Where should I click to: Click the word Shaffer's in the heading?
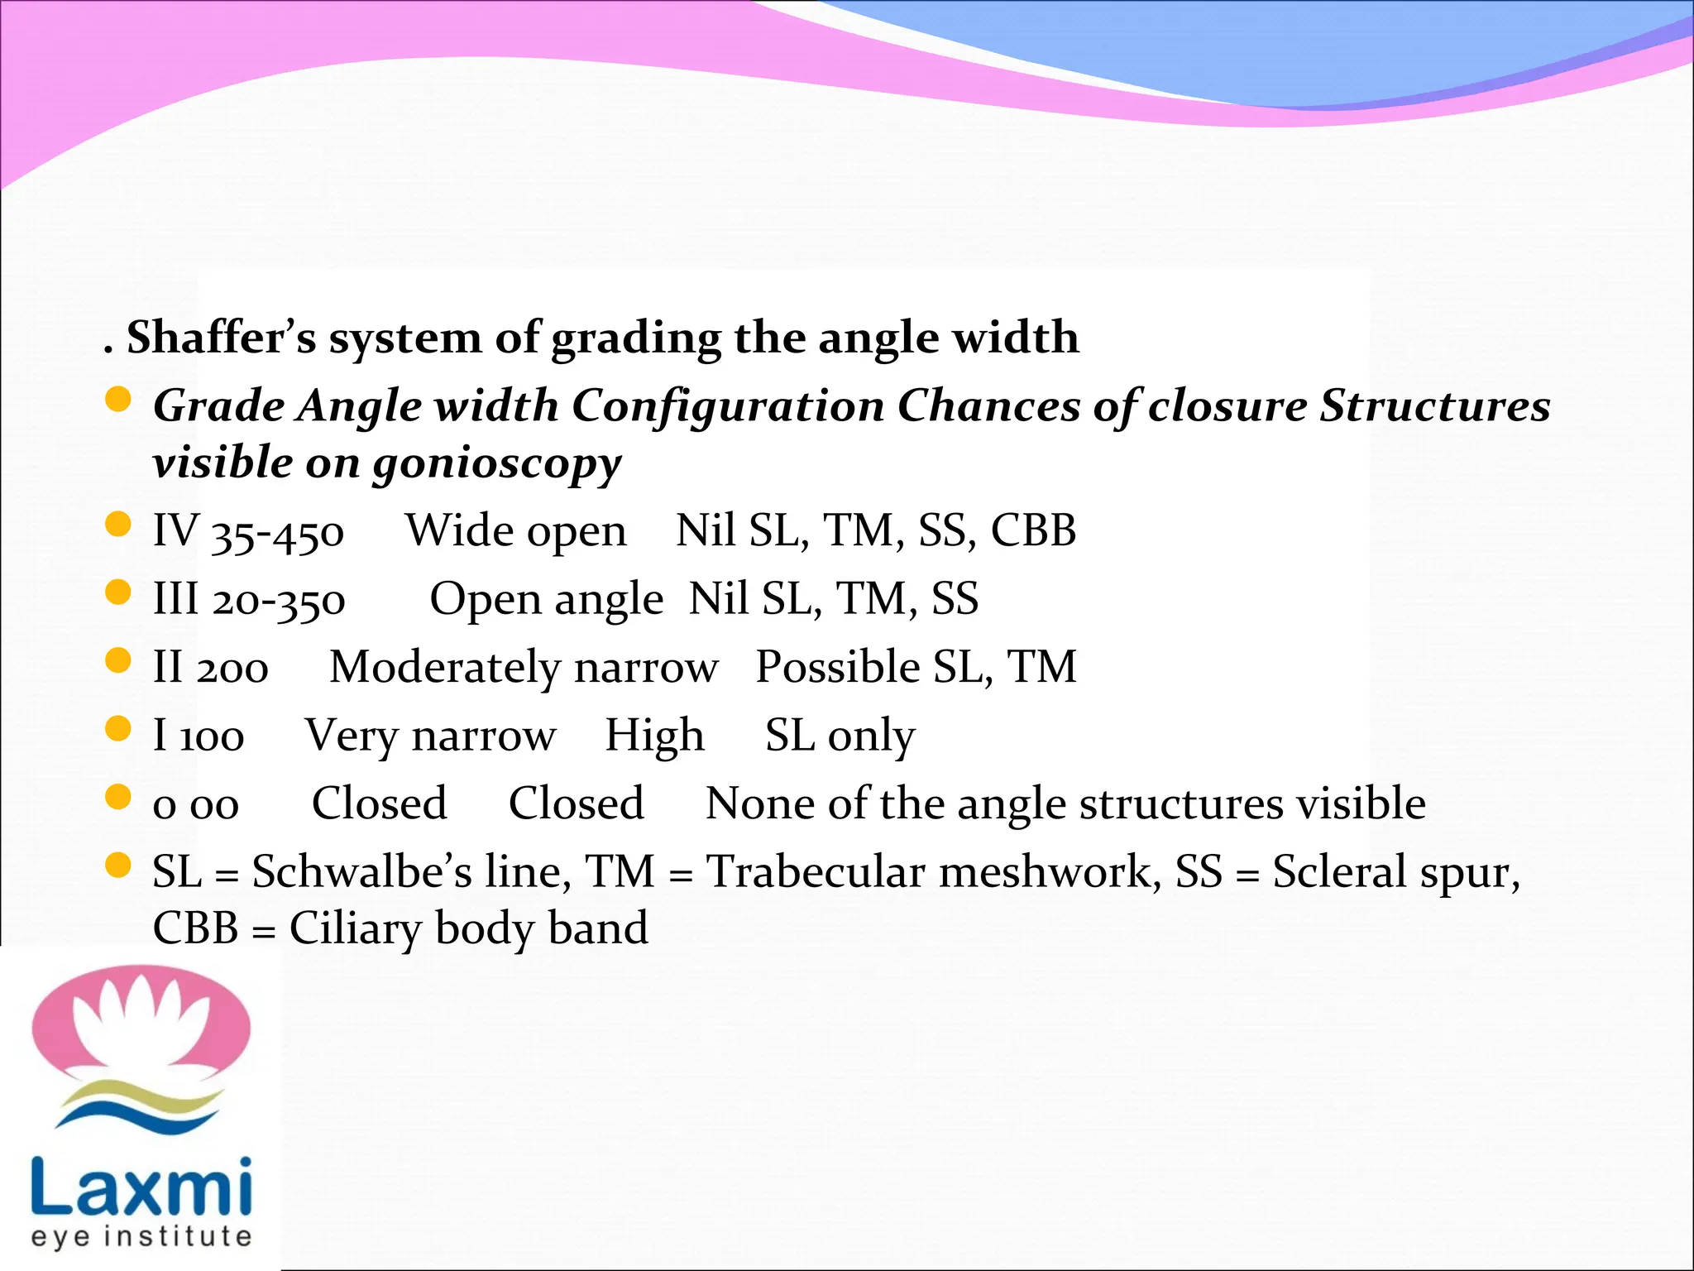click(x=221, y=338)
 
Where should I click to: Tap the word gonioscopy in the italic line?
click(x=495, y=463)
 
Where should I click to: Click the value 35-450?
click(x=278, y=533)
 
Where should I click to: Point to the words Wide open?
click(x=515, y=531)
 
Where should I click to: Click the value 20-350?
click(x=279, y=601)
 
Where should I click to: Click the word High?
click(x=654, y=736)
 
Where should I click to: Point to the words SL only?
click(x=840, y=736)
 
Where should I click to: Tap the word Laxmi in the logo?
click(x=141, y=1185)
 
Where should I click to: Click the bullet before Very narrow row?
click(x=119, y=729)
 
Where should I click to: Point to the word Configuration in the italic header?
click(x=728, y=406)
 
